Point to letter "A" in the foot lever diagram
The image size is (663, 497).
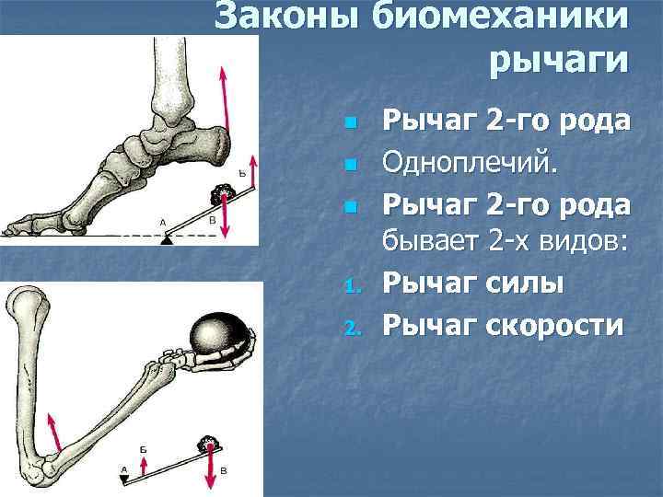point(162,221)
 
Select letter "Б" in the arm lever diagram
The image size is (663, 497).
point(144,447)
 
